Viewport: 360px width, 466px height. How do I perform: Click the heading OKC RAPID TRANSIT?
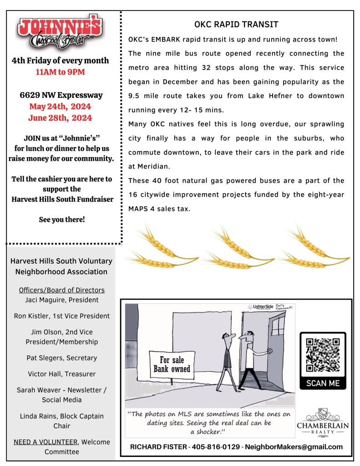236,25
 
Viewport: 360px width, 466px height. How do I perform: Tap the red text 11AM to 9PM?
61,72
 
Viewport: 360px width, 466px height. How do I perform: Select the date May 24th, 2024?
60,107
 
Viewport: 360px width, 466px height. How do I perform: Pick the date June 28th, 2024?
60,118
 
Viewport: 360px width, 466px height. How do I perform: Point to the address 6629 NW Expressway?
61,95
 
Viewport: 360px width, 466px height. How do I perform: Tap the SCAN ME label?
323,383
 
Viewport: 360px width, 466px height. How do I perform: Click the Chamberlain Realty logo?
323,421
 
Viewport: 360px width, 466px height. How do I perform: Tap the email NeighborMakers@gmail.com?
294,447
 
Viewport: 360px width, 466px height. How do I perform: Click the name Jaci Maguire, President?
62,300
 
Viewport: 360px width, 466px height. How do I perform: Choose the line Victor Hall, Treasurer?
62,374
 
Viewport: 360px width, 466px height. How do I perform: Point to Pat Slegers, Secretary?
62,358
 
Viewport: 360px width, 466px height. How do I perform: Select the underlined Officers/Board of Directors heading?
62,290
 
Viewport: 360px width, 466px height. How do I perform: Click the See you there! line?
62,220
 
